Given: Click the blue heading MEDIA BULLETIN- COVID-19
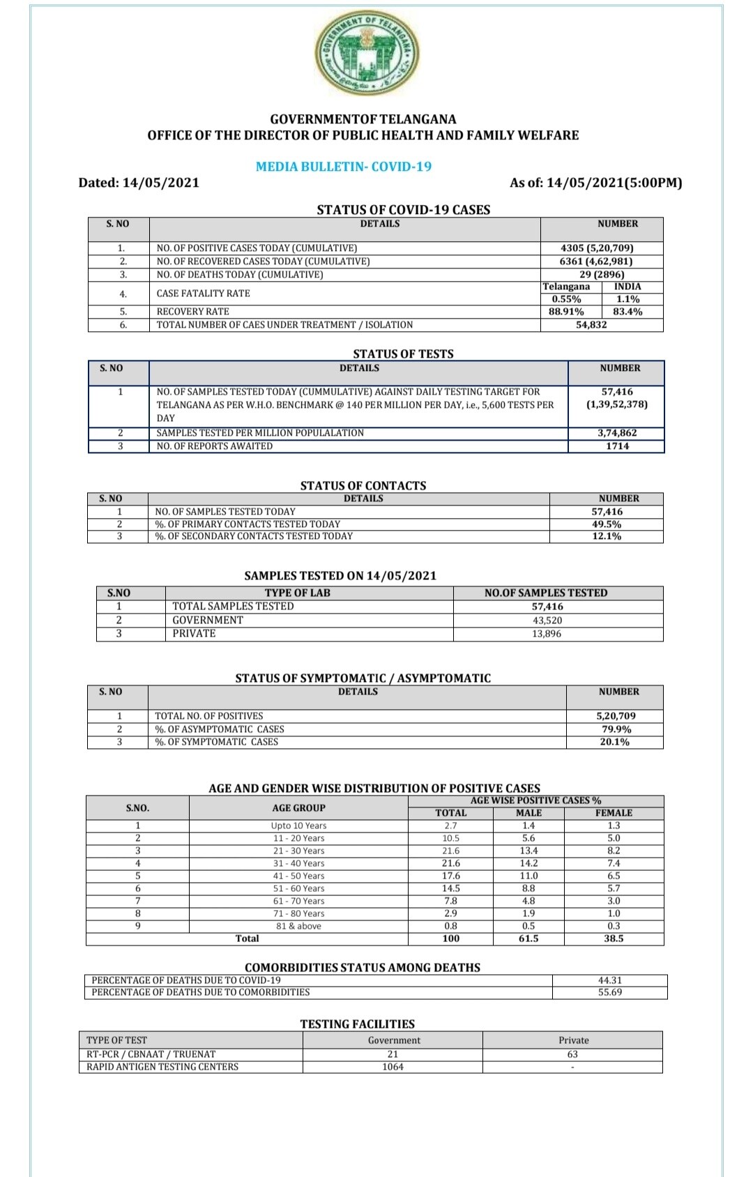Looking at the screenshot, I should tap(344, 167).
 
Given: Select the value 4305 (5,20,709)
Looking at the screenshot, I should tap(597, 248).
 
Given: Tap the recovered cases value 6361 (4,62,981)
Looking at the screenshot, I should tap(596, 261).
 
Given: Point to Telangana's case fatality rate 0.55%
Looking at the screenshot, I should tap(566, 299).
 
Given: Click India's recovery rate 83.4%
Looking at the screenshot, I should tap(627, 312).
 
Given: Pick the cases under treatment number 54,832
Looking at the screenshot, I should tap(591, 325).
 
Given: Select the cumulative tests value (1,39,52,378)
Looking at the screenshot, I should tap(616, 404).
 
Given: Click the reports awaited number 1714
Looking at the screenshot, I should tap(617, 446).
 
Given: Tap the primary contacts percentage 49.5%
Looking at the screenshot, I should tap(607, 524).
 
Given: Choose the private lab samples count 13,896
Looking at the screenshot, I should tap(547, 634).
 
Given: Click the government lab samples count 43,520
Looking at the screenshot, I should tap(547, 621).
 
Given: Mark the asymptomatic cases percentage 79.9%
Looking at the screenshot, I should tap(616, 729).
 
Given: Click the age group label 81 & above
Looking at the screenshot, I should tap(298, 926).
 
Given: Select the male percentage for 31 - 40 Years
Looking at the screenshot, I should tap(528, 863).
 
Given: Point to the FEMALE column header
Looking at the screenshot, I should tap(614, 813).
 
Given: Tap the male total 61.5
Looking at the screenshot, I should tap(528, 939).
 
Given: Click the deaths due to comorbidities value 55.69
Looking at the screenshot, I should tap(609, 992).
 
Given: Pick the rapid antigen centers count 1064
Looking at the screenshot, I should tap(393, 1067).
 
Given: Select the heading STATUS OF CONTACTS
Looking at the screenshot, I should tap(363, 486).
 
